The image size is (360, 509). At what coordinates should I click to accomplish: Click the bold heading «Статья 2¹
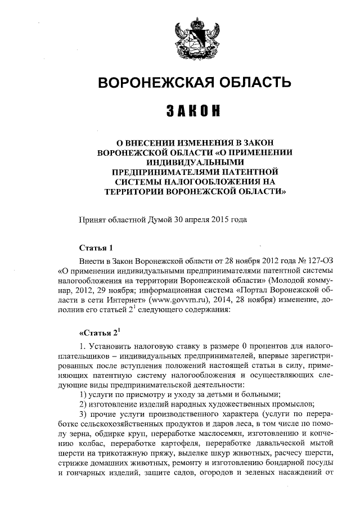tap(100, 331)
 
